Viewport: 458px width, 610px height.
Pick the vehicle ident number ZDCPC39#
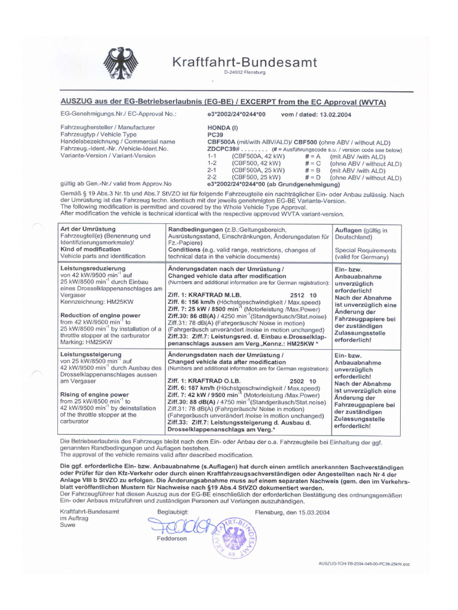(224, 149)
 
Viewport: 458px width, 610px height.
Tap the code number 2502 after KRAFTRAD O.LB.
(297, 381)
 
